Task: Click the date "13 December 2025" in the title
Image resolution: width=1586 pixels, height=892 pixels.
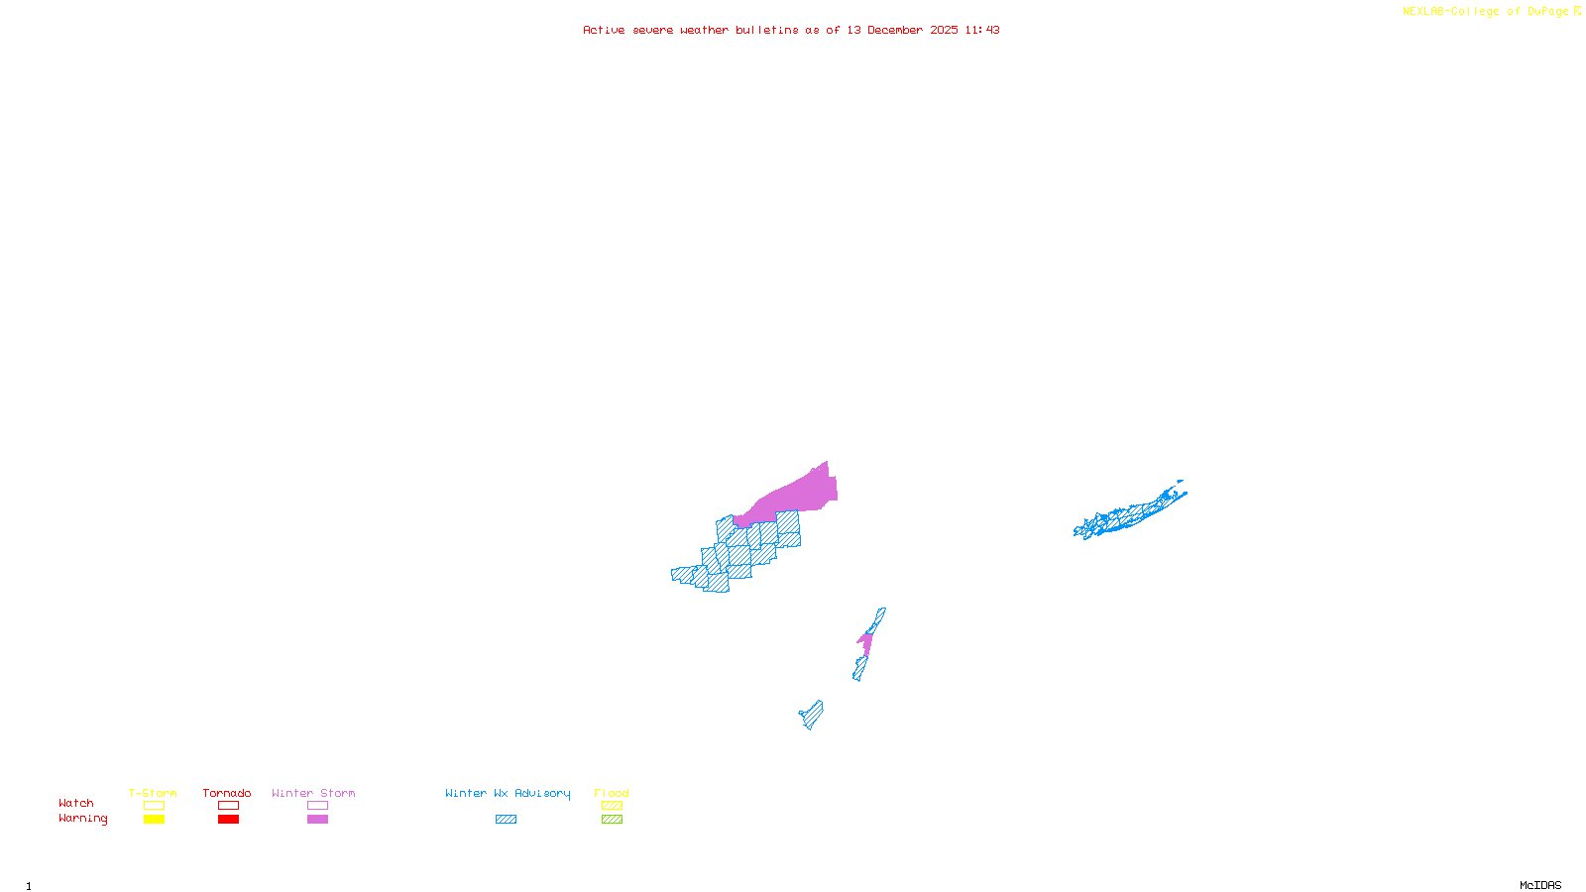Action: click(x=902, y=30)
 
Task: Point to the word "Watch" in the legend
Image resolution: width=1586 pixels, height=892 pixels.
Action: click(x=76, y=804)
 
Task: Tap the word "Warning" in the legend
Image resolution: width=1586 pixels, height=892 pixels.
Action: click(x=82, y=819)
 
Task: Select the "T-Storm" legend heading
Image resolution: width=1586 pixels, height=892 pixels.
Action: click(x=153, y=793)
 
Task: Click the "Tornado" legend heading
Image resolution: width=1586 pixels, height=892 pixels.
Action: click(x=227, y=793)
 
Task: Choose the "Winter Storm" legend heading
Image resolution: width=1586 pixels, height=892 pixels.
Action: click(x=313, y=793)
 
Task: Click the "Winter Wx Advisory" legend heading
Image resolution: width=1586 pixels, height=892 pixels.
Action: click(x=508, y=793)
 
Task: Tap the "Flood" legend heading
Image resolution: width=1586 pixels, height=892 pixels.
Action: click(x=612, y=793)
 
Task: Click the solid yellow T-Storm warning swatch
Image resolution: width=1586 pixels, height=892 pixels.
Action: click(x=154, y=820)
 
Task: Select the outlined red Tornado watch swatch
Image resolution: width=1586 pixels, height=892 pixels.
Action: click(x=228, y=806)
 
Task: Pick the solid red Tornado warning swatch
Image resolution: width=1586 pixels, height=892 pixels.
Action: click(x=228, y=820)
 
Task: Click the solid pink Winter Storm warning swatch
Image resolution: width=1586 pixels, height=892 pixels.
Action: click(x=317, y=820)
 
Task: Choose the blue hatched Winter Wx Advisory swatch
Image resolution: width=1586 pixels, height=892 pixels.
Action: click(x=506, y=820)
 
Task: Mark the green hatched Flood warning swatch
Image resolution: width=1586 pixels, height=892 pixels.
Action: click(x=612, y=820)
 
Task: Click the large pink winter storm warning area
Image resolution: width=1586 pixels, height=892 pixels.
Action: click(x=798, y=496)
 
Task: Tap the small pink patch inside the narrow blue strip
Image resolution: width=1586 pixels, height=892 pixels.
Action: click(x=865, y=643)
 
